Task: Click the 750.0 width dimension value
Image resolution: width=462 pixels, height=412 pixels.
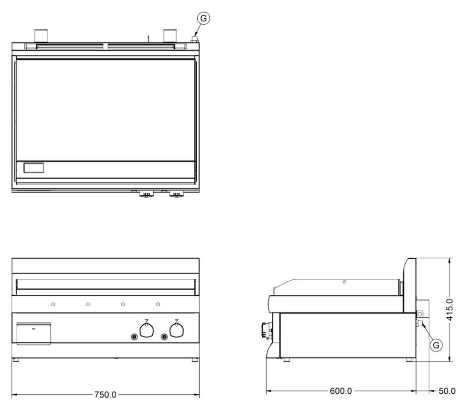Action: (105, 394)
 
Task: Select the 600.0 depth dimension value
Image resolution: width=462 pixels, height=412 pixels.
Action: (340, 391)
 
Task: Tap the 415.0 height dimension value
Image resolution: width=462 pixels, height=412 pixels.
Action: (449, 310)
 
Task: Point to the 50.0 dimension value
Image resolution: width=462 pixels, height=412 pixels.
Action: (447, 391)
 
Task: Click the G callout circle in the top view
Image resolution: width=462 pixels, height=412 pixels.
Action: (203, 18)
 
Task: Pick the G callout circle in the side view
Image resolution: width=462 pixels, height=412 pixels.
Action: (436, 345)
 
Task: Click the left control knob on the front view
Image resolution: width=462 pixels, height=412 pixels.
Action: (147, 330)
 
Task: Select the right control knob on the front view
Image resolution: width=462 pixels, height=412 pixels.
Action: (177, 330)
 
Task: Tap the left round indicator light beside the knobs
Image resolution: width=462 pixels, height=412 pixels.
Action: (134, 336)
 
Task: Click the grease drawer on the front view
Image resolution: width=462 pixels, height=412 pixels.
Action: (34, 333)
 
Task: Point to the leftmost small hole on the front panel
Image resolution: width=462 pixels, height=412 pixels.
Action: (53, 304)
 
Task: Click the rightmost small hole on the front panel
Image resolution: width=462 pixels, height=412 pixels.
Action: (158, 304)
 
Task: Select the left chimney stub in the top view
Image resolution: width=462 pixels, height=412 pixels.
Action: (41, 36)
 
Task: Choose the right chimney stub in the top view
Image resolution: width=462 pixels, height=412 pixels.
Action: (170, 36)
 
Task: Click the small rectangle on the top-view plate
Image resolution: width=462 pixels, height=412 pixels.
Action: (34, 168)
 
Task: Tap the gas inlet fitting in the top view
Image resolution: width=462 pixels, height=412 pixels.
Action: (194, 39)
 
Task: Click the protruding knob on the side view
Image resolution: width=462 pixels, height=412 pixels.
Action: (266, 331)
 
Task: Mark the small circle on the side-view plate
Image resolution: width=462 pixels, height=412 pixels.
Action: (344, 282)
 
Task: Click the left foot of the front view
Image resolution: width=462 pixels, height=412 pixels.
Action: (16, 360)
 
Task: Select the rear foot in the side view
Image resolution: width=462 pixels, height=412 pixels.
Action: (410, 360)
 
